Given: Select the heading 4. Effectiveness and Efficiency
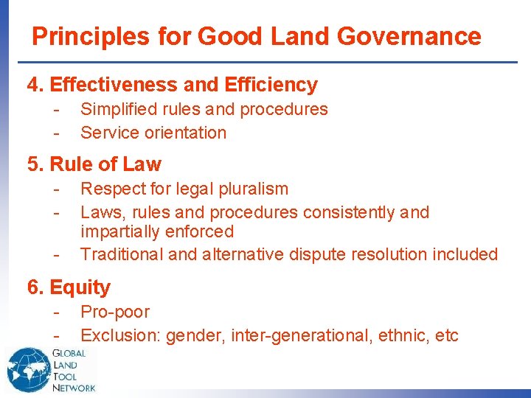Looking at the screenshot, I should tap(172, 85).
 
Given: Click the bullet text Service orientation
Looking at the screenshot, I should tap(153, 133).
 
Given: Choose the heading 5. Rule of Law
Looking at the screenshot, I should tap(94, 164).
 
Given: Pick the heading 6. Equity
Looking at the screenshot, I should tap(69, 287).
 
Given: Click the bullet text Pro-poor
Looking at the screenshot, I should tap(115, 313).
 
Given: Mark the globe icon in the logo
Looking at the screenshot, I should tap(28, 367).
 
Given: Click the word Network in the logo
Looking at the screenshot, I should tap(74, 387).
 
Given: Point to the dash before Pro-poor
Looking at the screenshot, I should tap(55, 313).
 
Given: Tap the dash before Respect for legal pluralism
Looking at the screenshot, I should tap(55, 189).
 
